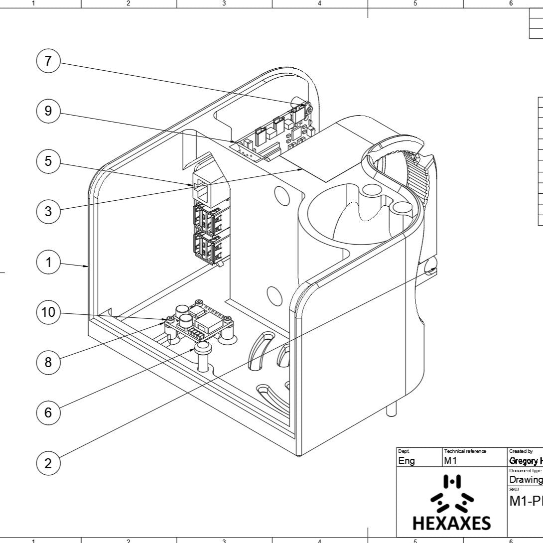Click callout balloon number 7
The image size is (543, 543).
click(x=48, y=61)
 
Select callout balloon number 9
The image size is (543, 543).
click(x=48, y=111)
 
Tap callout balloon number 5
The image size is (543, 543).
click(x=48, y=161)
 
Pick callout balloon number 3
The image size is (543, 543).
click(x=48, y=211)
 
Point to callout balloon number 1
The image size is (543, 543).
click(x=48, y=262)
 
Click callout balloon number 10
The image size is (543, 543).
click(x=48, y=312)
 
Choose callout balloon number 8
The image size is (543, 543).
click(x=48, y=362)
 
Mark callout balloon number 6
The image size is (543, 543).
click(x=48, y=412)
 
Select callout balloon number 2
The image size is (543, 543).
click(x=48, y=463)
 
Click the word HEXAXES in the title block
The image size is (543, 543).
click(x=451, y=523)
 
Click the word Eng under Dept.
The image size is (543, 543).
click(x=407, y=461)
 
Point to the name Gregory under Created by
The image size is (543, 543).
click(x=523, y=461)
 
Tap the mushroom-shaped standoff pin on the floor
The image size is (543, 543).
click(x=203, y=355)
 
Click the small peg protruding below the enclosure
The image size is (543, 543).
click(x=392, y=409)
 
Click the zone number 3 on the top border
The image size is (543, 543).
click(x=224, y=3)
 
